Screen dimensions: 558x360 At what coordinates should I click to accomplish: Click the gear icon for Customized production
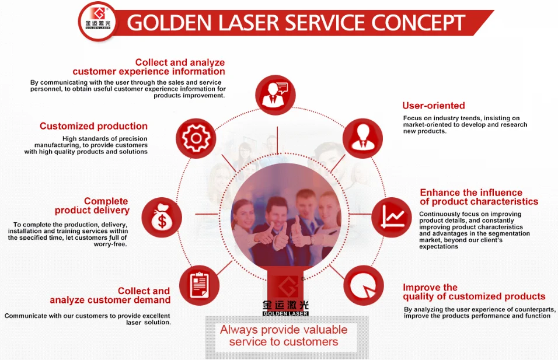pos(196,138)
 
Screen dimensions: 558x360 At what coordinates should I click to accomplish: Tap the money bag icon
pos(162,218)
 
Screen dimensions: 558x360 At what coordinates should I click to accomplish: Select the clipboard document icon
pos(199,285)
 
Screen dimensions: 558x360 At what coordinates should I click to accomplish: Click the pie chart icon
pos(363,285)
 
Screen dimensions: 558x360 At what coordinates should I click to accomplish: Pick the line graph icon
pos(392,218)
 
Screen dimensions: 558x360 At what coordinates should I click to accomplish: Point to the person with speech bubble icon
pos(275,95)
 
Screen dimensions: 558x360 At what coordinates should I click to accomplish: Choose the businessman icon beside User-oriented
pos(362,138)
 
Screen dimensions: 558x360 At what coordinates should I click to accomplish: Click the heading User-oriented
pos(434,105)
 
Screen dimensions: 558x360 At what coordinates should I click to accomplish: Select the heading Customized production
pos(93,126)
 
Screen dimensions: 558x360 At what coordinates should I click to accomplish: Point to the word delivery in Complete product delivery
pos(111,210)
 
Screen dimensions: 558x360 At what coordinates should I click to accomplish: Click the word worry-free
pos(110,244)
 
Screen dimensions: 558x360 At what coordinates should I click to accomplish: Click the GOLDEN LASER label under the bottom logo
pos(285,313)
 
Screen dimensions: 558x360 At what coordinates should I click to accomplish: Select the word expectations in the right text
pos(438,247)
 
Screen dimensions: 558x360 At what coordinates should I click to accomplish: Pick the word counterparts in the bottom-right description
pos(535,309)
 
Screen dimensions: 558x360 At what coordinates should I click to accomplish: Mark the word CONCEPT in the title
pos(418,23)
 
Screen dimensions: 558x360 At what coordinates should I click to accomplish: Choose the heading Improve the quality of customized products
pos(474,292)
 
